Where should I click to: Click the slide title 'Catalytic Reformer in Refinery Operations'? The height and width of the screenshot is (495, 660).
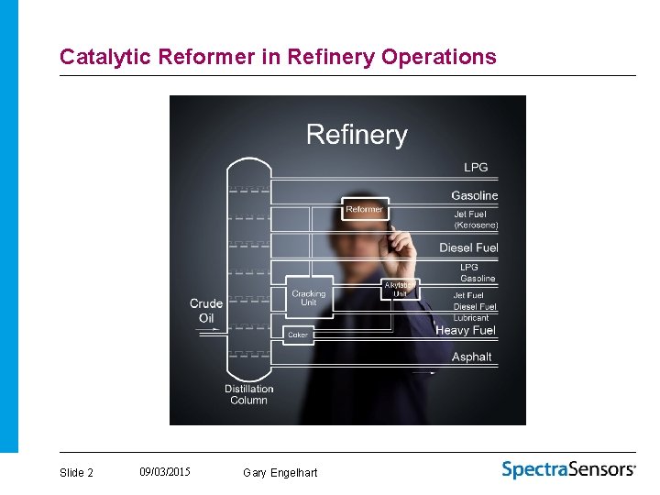pyautogui.click(x=278, y=57)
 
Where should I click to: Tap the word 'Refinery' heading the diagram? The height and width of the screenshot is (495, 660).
pyautogui.click(x=357, y=135)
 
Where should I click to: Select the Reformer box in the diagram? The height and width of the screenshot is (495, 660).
pyautogui.click(x=365, y=210)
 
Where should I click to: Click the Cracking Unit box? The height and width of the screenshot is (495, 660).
pyautogui.click(x=309, y=298)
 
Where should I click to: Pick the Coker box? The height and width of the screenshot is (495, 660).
pyautogui.click(x=298, y=335)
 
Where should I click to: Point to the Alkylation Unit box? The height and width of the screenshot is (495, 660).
pyautogui.click(x=401, y=290)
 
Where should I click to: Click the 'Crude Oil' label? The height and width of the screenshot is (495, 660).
pyautogui.click(x=206, y=311)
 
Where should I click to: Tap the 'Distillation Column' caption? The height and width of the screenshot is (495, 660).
pyautogui.click(x=248, y=394)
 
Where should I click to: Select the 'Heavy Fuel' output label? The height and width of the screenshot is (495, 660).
pyautogui.click(x=465, y=330)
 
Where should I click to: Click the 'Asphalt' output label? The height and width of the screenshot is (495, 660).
pyautogui.click(x=471, y=357)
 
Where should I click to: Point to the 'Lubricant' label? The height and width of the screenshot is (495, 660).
pyautogui.click(x=471, y=318)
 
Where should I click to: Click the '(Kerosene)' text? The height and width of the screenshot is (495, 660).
pyautogui.click(x=476, y=225)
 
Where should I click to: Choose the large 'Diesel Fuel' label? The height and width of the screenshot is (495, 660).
pyautogui.click(x=468, y=247)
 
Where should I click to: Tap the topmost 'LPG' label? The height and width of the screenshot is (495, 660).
pyautogui.click(x=476, y=168)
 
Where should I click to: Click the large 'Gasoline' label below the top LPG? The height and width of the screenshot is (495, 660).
pyautogui.click(x=474, y=195)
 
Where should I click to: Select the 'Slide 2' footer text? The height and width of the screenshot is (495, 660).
pyautogui.click(x=76, y=473)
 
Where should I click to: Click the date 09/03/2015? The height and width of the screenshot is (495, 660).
pyautogui.click(x=165, y=472)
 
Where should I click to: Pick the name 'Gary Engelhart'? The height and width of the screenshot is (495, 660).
pyautogui.click(x=280, y=473)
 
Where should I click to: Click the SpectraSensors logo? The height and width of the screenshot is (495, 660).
pyautogui.click(x=568, y=469)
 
